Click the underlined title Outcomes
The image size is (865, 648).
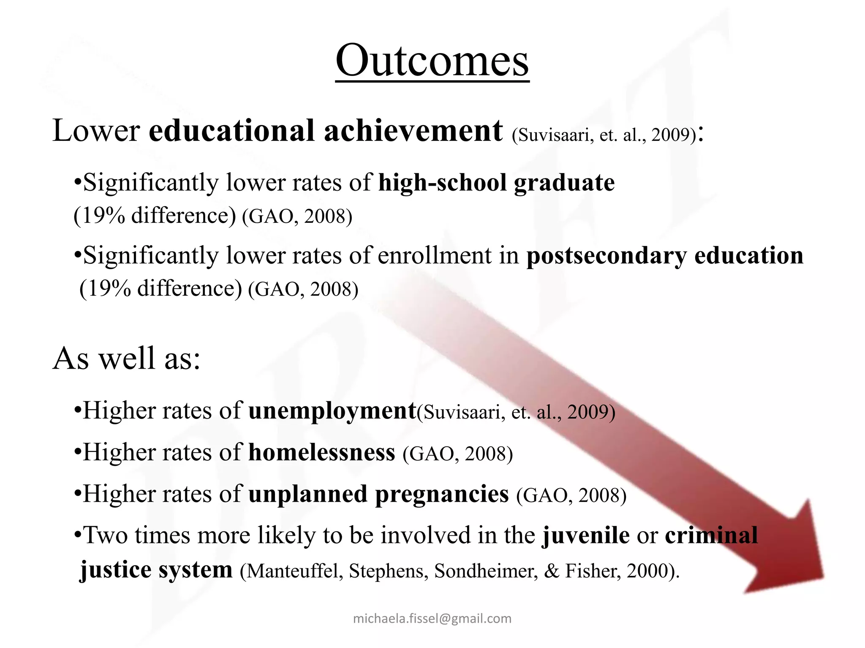432,61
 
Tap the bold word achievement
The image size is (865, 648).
413,131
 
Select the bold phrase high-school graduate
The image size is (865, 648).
496,183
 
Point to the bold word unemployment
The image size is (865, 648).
332,410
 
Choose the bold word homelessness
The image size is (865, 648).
322,452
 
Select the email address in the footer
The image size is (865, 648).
432,618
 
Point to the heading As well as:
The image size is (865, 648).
126,359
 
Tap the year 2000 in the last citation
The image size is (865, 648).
648,571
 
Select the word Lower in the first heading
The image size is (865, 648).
96,131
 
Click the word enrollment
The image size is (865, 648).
435,256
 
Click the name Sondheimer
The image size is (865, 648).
486,571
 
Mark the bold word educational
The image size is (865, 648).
231,131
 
